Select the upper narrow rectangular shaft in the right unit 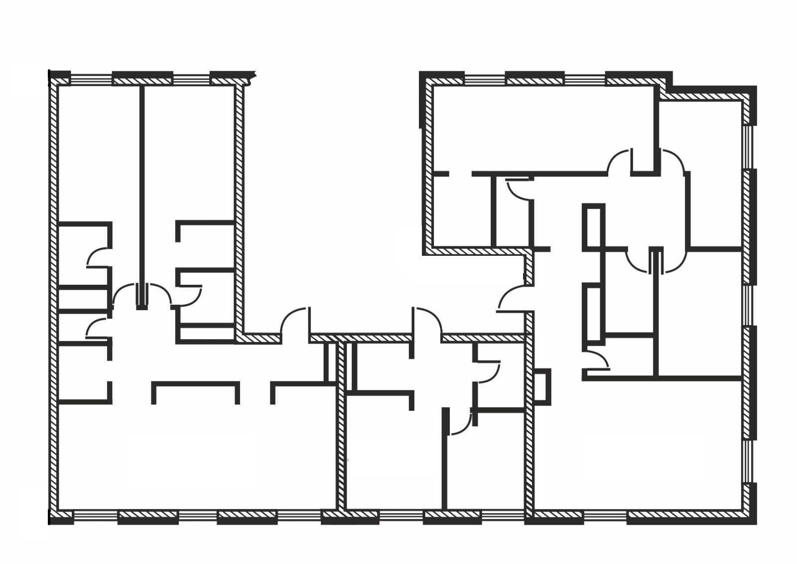point(593,226)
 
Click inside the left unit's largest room point(194,454)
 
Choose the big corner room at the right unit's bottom point(638,449)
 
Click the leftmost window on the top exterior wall point(91,79)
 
